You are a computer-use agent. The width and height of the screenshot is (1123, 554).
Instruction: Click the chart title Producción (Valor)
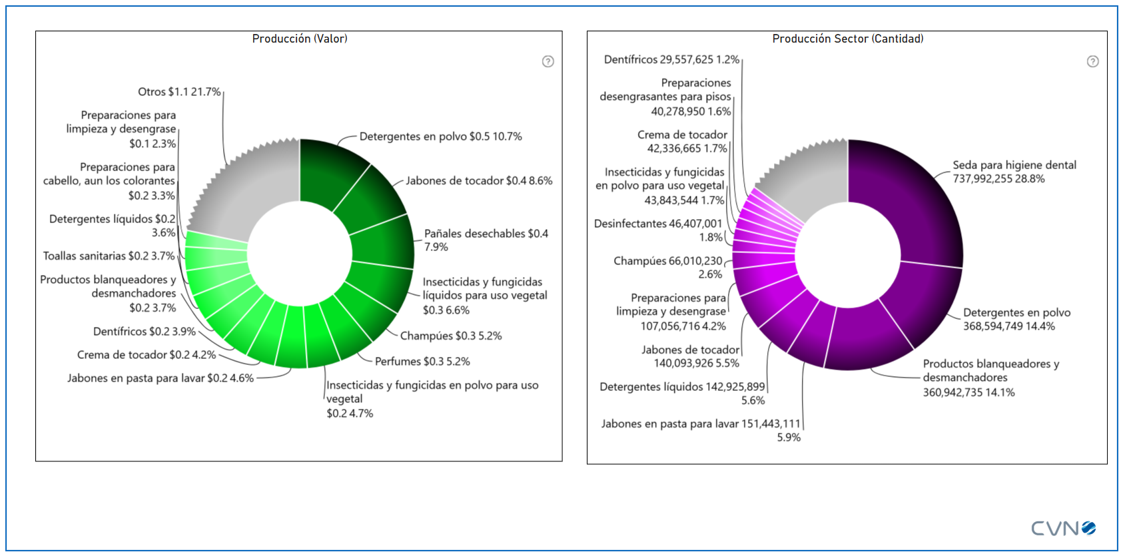click(300, 39)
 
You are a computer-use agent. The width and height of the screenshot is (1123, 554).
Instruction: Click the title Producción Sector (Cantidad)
click(847, 39)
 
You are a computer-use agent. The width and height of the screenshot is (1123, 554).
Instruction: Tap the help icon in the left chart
click(548, 61)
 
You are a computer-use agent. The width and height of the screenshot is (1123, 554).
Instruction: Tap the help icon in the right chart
click(1092, 61)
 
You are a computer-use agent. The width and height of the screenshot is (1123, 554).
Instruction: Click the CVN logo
click(1063, 528)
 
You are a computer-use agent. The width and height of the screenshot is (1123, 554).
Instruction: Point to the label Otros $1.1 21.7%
click(179, 92)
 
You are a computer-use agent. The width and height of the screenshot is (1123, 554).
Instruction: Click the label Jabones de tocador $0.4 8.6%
click(479, 180)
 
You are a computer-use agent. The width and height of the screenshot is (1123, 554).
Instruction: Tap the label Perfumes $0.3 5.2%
click(422, 362)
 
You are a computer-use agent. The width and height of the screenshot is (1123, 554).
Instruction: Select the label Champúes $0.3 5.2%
click(451, 336)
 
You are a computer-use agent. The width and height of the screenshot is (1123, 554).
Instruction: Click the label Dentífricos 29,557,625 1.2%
click(671, 59)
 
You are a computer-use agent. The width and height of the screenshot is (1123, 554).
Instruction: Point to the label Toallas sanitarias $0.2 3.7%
click(109, 256)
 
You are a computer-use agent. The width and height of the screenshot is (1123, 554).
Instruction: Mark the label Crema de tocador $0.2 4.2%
click(147, 355)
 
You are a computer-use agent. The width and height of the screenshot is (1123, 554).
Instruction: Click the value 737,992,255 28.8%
click(998, 179)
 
